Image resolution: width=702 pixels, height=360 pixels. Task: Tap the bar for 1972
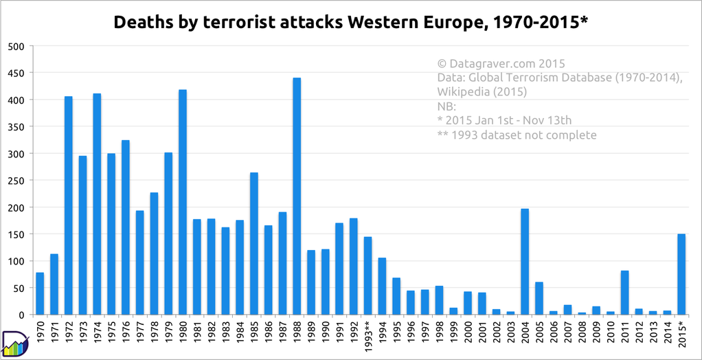tap(69, 205)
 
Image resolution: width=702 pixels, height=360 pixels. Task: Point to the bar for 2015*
tap(681, 275)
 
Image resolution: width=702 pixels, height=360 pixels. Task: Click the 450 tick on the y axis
tap(16, 73)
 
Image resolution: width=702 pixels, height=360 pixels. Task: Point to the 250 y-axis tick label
tap(16, 181)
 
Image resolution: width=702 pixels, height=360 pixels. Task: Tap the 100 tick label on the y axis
tap(16, 261)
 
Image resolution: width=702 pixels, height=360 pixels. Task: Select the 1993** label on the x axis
tap(368, 337)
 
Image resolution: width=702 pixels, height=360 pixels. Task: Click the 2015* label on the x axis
tap(681, 335)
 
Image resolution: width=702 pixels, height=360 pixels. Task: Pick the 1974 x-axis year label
tap(97, 333)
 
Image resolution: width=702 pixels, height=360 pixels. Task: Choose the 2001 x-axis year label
tap(482, 333)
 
